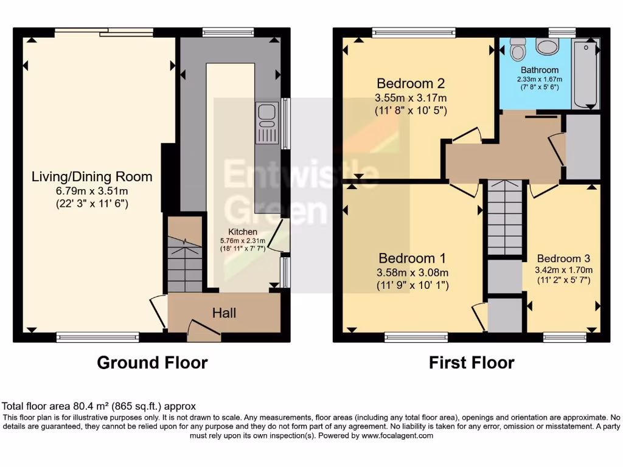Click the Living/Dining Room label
click(92, 177)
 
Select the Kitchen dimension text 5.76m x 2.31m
click(243, 241)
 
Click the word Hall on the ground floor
click(224, 314)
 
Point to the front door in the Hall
click(203, 329)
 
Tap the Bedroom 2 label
click(411, 83)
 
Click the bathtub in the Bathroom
click(586, 74)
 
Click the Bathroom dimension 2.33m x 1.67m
click(540, 79)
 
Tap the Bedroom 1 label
click(412, 258)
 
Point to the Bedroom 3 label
click(563, 258)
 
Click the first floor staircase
click(506, 218)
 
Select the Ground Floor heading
click(153, 363)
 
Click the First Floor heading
click(472, 363)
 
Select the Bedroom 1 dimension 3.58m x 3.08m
click(412, 272)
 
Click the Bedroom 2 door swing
click(467, 135)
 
